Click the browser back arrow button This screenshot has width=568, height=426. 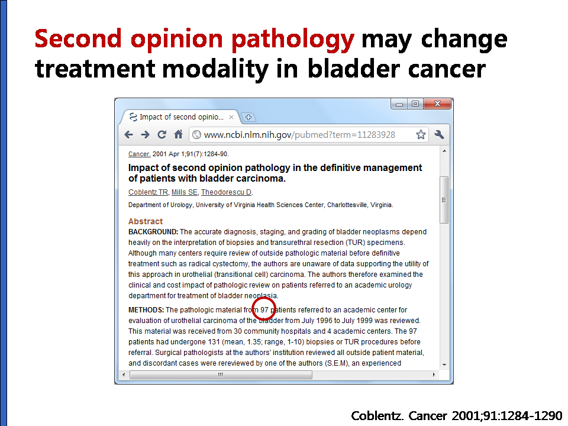click(128, 135)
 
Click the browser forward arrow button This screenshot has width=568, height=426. click(146, 135)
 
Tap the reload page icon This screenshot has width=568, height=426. click(162, 135)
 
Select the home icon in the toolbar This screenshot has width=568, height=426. click(178, 134)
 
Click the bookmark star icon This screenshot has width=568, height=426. click(421, 135)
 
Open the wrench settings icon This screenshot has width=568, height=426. click(439, 135)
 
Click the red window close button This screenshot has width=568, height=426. click(437, 104)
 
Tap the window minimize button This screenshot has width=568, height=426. click(399, 104)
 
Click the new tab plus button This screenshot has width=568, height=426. click(248, 117)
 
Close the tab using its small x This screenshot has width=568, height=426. click(231, 117)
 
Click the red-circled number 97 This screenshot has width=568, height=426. click(264, 309)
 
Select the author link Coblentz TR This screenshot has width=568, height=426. click(148, 192)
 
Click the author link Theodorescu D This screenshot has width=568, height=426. click(227, 192)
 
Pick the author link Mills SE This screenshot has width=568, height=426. click(185, 192)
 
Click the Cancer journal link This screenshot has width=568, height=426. click(139, 154)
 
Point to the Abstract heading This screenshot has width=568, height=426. click(146, 221)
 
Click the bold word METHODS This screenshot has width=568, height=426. click(146, 310)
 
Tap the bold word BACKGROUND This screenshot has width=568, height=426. click(153, 232)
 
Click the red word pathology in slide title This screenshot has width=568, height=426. click(293, 40)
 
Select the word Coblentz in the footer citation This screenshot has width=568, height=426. click(377, 415)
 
